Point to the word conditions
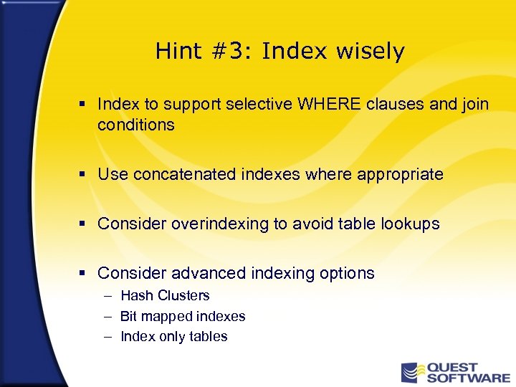(x=136, y=125)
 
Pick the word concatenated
(x=178, y=174)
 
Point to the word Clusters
(x=183, y=295)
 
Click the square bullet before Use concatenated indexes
(x=83, y=174)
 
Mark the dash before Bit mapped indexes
(x=107, y=316)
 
